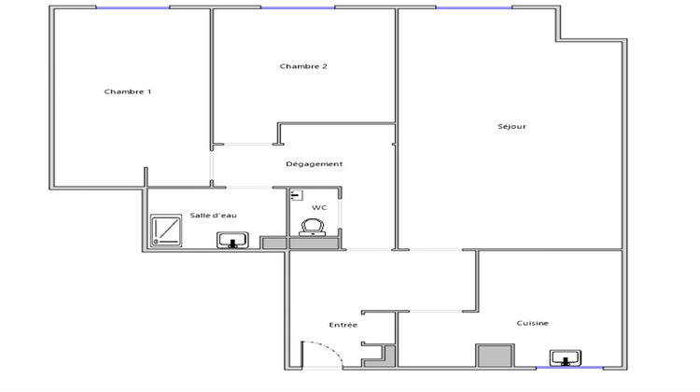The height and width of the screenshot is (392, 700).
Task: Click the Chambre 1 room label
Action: tap(128, 91)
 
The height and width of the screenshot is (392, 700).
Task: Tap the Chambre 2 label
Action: tap(303, 66)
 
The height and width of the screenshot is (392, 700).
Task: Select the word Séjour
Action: tap(512, 126)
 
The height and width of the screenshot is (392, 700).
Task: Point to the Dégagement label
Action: tap(315, 164)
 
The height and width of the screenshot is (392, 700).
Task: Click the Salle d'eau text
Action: tap(214, 215)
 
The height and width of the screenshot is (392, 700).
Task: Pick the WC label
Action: tap(319, 207)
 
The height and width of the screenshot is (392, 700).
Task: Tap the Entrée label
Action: tap(343, 324)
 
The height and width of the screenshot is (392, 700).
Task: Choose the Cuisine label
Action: tap(533, 323)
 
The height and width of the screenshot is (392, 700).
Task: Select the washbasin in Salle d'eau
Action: tap(231, 241)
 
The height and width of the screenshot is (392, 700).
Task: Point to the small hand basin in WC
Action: tap(295, 194)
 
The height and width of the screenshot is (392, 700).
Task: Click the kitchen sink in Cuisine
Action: tap(566, 357)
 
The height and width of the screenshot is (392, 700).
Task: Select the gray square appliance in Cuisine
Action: tap(495, 357)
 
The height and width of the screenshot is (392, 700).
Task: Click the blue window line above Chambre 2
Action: tap(298, 8)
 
